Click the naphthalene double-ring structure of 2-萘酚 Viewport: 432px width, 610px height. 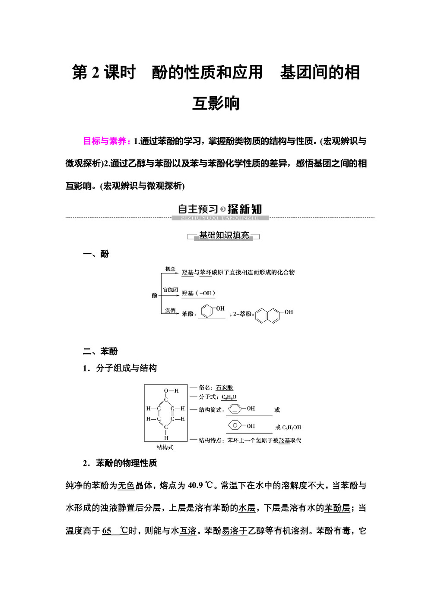coord(268,315)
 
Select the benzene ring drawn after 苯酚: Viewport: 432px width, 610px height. coord(208,311)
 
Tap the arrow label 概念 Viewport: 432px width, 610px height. coord(170,269)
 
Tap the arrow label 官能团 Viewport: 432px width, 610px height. coord(170,290)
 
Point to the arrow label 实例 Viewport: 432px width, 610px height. coord(170,310)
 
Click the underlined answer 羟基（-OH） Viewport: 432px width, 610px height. coord(198,293)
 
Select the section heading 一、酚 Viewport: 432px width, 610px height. coord(96,254)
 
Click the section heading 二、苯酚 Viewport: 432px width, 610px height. coord(100,351)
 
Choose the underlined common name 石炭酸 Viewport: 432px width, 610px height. coord(224,387)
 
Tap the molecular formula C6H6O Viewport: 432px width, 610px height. coord(229,397)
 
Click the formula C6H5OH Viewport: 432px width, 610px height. coord(292,428)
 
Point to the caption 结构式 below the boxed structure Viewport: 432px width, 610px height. coord(165,447)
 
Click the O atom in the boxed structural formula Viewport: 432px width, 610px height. coord(166,391)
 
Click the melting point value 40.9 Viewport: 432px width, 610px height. coord(195,485)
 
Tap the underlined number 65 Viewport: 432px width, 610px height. coord(107,531)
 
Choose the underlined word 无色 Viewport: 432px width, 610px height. coord(126,485)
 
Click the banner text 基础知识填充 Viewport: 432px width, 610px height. coord(224,236)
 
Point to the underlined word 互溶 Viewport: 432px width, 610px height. coord(188,531)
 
